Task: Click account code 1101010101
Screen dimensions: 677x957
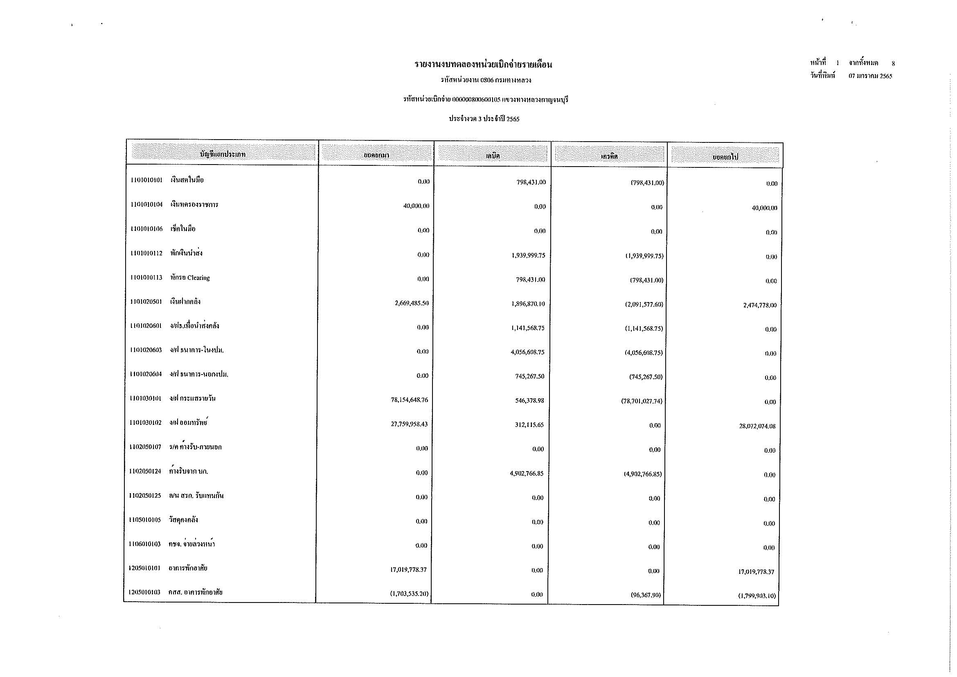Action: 146,180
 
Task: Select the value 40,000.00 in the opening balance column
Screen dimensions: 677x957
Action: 416,206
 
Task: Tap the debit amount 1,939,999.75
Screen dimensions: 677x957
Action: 528,255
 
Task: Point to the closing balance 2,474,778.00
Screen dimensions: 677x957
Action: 759,305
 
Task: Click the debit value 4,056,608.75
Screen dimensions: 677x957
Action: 527,352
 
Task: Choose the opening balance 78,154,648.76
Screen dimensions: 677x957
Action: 409,400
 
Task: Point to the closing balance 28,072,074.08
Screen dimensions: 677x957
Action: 757,426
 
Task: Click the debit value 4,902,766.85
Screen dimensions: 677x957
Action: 527,474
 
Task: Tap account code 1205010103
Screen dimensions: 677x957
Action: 144,592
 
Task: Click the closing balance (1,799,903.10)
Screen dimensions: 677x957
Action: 757,596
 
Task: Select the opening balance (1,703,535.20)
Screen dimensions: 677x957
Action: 409,594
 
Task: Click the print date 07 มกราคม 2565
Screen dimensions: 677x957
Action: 870,76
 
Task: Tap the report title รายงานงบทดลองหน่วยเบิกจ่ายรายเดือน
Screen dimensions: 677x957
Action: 483,65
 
